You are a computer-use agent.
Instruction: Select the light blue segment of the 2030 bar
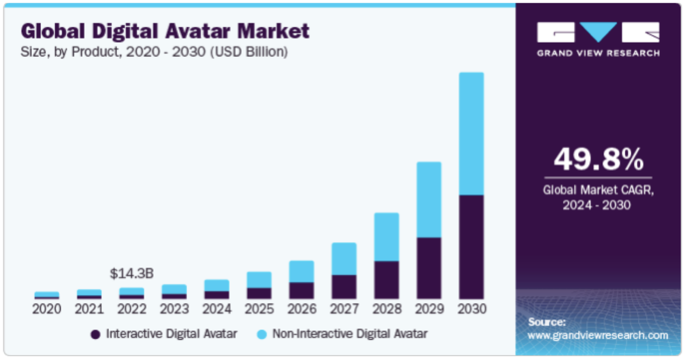click(471, 133)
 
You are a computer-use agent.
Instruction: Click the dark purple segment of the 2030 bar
click(471, 246)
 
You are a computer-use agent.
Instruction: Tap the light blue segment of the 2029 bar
click(429, 200)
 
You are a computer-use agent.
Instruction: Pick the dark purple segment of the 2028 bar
click(386, 280)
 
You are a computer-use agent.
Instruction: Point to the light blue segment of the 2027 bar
click(344, 259)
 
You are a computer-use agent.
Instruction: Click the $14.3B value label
click(131, 272)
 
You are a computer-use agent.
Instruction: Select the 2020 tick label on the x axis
click(46, 309)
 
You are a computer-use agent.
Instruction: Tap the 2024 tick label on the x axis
click(217, 309)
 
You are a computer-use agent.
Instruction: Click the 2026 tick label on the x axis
click(301, 309)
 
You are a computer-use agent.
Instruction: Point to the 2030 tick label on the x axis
click(471, 309)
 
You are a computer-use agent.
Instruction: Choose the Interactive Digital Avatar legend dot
click(95, 334)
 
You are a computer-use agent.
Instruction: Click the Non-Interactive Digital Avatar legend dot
click(262, 334)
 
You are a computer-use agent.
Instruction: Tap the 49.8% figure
click(598, 160)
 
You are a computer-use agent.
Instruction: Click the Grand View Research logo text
click(598, 53)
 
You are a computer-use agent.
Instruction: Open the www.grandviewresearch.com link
click(598, 335)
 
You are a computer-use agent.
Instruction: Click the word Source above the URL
click(547, 322)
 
